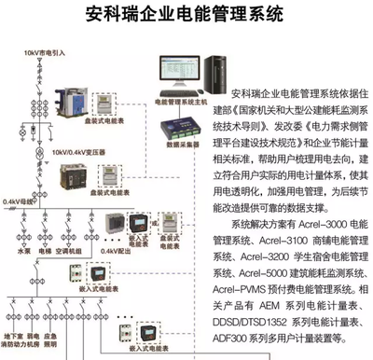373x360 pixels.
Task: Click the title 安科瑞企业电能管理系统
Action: click(x=186, y=15)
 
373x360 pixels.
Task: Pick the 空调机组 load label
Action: click(x=73, y=250)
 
